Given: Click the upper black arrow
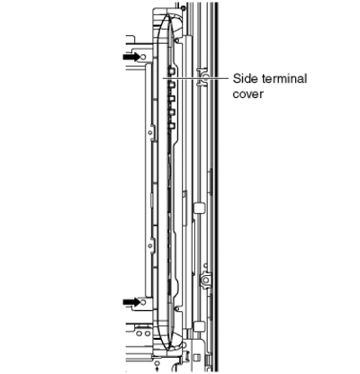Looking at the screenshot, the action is (x=131, y=57).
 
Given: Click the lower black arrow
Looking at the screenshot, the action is (x=131, y=302).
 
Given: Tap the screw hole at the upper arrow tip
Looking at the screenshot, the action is (x=143, y=57).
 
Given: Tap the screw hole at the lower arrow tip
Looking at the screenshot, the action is (x=143, y=302).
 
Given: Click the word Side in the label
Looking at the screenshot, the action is (x=246, y=79).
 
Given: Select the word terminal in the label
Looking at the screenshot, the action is (x=284, y=79).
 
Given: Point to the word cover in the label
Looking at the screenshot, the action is (x=248, y=94).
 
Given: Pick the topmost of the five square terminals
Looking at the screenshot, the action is (x=172, y=71).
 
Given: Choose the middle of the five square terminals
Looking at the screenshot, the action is (x=172, y=99).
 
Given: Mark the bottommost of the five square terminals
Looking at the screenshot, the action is (x=172, y=126).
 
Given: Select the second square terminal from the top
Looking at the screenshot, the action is (x=172, y=85).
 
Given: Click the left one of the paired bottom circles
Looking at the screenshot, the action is (x=139, y=334).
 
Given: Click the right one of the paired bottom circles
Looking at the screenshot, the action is (x=148, y=334).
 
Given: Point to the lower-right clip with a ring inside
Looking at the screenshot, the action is (x=206, y=280).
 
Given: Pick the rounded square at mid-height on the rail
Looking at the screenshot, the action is (x=200, y=208).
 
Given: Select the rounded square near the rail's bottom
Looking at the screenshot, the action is (x=200, y=325).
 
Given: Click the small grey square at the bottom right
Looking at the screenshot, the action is (x=197, y=357).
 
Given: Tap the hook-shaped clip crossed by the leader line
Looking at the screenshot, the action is (x=202, y=77).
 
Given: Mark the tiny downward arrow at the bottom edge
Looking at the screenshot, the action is (x=157, y=363).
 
